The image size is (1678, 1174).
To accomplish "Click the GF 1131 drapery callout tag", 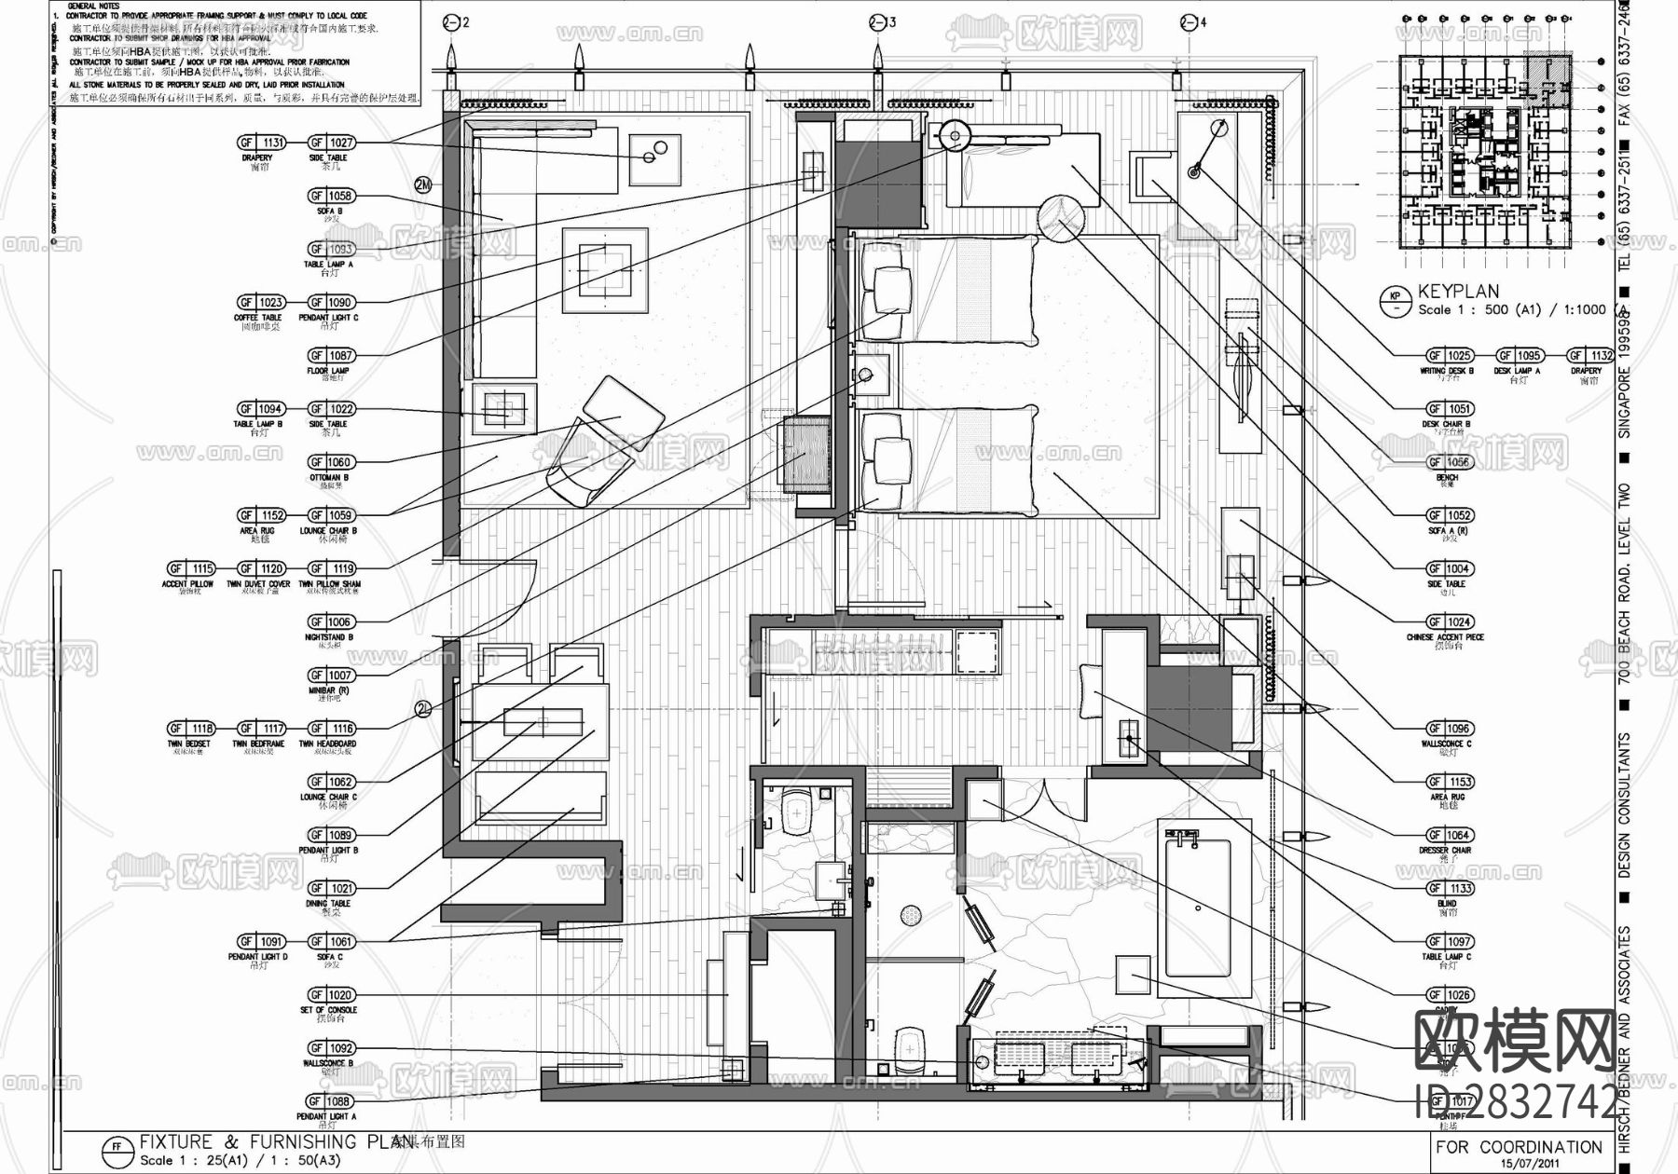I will point(261,143).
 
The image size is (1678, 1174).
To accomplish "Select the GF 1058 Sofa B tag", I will point(332,196).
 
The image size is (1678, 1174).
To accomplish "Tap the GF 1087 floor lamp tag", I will point(332,356).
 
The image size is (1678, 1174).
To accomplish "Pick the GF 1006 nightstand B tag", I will point(332,621).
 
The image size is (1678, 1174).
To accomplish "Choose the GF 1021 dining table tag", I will point(332,888).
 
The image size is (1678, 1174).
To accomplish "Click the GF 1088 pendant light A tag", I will point(332,1101).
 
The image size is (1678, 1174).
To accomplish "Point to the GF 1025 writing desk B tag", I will point(1448,356).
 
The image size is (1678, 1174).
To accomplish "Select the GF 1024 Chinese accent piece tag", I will point(1448,621).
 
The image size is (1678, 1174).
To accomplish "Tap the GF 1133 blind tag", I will point(1448,888).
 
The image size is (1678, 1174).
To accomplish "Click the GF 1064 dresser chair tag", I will point(1448,835).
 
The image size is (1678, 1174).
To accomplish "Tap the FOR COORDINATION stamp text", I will point(1519,1147).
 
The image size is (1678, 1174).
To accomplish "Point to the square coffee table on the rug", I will point(605,269).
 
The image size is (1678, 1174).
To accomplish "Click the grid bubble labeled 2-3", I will point(877,23).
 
